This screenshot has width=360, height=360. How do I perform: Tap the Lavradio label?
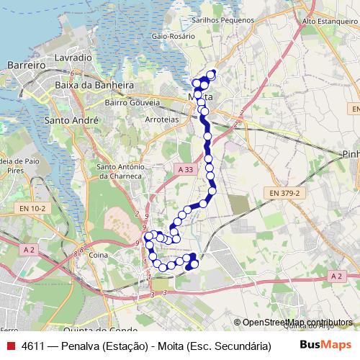coord(72,56)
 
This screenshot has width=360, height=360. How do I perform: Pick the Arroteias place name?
coord(161,120)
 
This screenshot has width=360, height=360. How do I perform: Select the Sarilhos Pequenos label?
coord(223,22)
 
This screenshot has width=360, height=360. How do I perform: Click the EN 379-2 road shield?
coord(284,193)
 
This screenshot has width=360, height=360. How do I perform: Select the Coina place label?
coord(97,255)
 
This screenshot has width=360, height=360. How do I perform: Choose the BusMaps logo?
coord(325,346)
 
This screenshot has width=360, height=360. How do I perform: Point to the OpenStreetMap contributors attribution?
coord(293,322)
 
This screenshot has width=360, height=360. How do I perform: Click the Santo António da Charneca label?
coord(120,171)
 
